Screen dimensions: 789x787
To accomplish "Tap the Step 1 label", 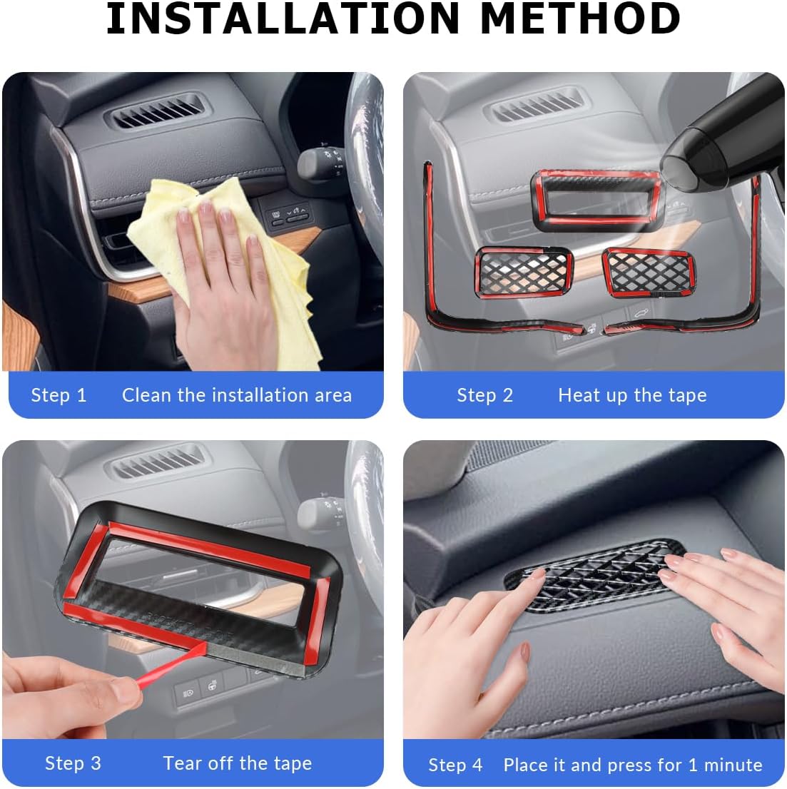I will tap(59, 395).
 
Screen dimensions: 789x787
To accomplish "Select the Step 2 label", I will tap(484, 395).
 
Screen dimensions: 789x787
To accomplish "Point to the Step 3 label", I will tap(73, 763).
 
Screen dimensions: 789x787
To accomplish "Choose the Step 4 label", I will tap(455, 765).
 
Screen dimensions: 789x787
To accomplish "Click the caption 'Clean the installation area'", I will tap(236, 395).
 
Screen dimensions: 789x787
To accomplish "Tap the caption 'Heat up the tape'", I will tap(632, 395).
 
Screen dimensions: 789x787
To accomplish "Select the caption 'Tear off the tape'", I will tap(237, 763).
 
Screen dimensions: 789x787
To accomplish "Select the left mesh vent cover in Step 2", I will tap(523, 273).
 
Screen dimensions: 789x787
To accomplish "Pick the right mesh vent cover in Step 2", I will tap(648, 273).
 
